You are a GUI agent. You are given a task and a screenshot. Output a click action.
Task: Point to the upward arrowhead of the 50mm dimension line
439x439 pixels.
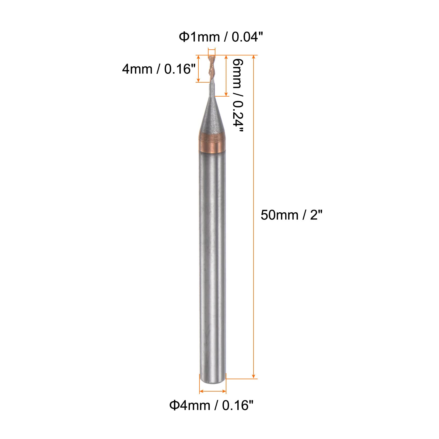tap(254, 57)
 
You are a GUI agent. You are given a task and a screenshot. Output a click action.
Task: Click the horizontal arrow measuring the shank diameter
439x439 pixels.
tap(213, 391)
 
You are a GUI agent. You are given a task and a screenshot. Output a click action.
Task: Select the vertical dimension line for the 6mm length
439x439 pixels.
tap(226, 75)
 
